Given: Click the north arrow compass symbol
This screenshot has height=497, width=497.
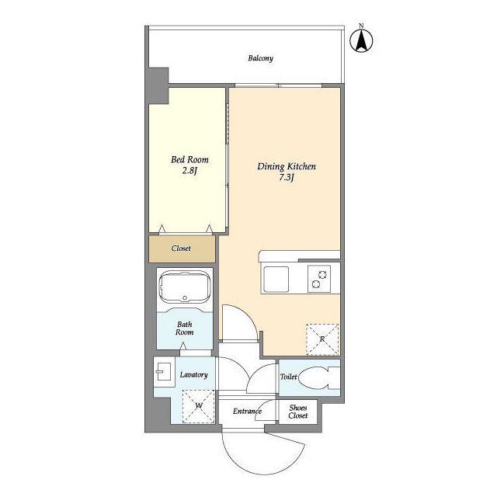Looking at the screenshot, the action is click(361, 40).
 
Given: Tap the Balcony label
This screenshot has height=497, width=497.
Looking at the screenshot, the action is click(261, 58).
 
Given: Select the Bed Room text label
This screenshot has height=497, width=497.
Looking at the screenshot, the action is click(189, 159).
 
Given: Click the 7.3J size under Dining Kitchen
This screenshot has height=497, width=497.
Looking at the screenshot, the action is click(287, 178).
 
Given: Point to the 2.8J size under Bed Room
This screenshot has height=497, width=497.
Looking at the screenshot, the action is click(189, 171).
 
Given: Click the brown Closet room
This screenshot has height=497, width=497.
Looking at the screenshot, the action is click(182, 248).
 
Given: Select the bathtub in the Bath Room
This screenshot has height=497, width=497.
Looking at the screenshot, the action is click(185, 288).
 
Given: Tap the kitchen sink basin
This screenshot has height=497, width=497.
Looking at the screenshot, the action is click(276, 280).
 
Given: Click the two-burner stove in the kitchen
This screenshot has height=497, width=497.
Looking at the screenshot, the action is click(319, 279).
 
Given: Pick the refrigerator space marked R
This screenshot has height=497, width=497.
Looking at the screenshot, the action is click(322, 339).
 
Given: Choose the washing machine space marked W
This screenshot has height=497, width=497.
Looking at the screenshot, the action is click(199, 406).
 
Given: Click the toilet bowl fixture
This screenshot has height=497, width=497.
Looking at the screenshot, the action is click(319, 377).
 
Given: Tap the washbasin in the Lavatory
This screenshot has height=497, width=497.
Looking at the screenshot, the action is click(164, 371).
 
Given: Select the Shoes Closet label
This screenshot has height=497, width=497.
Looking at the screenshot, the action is click(298, 412).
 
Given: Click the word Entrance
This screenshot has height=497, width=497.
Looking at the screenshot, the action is click(247, 411).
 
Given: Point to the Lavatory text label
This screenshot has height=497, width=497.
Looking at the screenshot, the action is click(194, 374).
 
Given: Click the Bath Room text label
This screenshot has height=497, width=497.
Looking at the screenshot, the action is click(185, 328).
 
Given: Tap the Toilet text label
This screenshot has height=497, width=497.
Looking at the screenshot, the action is click(288, 377).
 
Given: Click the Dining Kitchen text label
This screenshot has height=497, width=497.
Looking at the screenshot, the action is click(287, 166).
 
